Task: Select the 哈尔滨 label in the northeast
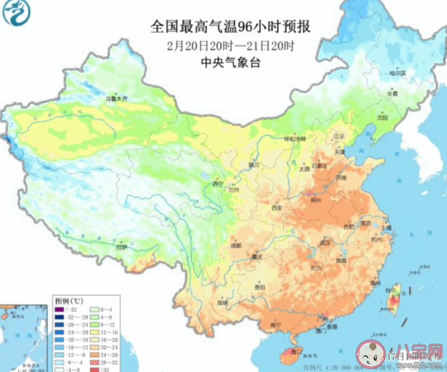397,72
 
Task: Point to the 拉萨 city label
121,247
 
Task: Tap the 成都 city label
235,244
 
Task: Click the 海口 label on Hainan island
295,351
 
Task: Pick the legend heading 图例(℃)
70,300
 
